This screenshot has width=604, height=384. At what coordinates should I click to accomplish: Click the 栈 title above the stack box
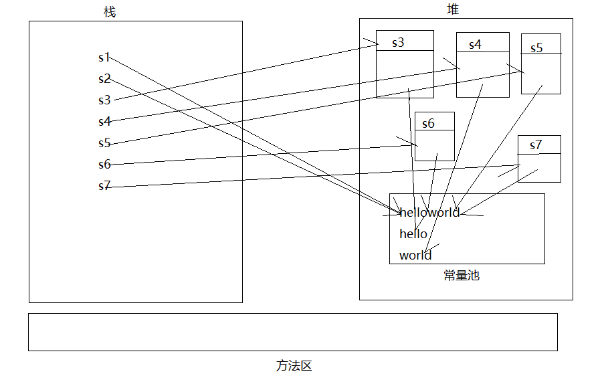[x=110, y=12]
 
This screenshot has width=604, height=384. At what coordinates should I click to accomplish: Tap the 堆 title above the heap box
[x=453, y=9]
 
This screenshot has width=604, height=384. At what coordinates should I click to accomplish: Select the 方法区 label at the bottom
[x=294, y=366]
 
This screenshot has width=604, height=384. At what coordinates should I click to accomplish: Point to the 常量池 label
[x=462, y=275]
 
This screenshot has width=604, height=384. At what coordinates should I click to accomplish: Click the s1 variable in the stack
[x=104, y=58]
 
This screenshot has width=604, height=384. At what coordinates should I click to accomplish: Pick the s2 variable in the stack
[x=104, y=79]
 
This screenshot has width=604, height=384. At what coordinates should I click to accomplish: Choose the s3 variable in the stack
[x=104, y=100]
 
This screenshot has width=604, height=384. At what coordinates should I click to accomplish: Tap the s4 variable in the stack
[x=104, y=122]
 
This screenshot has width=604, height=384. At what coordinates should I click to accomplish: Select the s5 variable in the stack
[x=104, y=143]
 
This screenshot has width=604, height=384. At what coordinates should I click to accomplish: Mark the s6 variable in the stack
[x=104, y=165]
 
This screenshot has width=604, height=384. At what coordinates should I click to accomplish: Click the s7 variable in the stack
[x=104, y=186]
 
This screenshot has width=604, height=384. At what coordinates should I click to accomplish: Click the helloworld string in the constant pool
[x=429, y=213]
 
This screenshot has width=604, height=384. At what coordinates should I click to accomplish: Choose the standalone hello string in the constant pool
[x=413, y=233]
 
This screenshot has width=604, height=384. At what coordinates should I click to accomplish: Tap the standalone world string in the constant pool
[x=415, y=255]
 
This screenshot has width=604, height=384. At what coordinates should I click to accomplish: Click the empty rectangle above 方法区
[x=292, y=332]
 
